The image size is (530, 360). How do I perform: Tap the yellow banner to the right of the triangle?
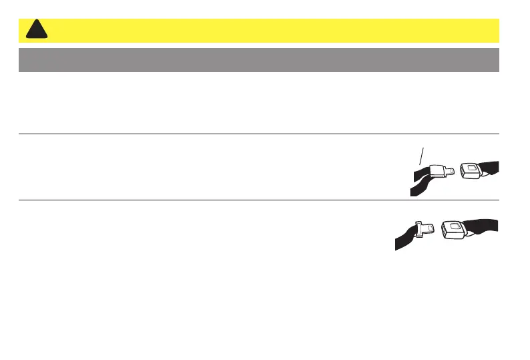coord(267,30)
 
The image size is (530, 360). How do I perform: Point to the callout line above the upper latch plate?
coord(420,156)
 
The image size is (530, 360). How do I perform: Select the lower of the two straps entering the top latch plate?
coord(419,188)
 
